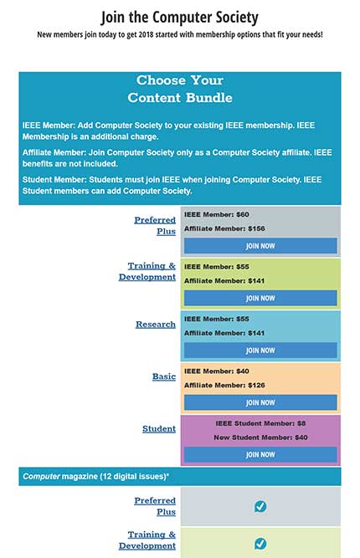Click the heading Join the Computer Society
(x=180, y=17)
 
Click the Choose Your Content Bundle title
(x=180, y=89)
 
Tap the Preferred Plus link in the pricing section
(x=155, y=225)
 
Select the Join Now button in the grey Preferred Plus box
(x=260, y=246)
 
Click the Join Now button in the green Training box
(x=260, y=298)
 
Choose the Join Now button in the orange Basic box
(x=260, y=402)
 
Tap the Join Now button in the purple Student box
(x=260, y=454)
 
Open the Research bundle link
(x=156, y=324)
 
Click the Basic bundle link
(x=164, y=376)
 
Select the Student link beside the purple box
(x=159, y=428)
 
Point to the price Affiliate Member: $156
(x=224, y=228)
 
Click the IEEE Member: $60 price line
(x=217, y=214)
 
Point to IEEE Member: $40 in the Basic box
(x=217, y=371)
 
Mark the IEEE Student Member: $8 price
(x=260, y=423)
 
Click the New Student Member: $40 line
(x=260, y=438)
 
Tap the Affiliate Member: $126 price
(x=224, y=385)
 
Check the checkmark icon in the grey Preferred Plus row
(x=260, y=506)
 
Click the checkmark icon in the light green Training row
(x=260, y=544)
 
